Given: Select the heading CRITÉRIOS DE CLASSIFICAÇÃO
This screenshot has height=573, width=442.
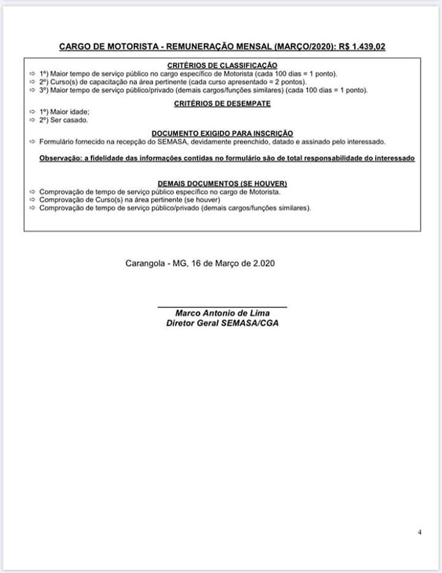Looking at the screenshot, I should pyautogui.click(x=222, y=66).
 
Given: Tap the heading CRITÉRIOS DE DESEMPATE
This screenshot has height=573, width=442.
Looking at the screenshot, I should pyautogui.click(x=222, y=104).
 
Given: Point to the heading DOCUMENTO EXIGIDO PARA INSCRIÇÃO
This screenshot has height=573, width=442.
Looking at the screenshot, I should pyautogui.click(x=222, y=133).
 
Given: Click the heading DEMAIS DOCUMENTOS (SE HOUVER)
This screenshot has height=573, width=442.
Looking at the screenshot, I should pyautogui.click(x=222, y=183).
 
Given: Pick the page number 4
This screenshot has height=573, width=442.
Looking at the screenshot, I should pyautogui.click(x=420, y=532).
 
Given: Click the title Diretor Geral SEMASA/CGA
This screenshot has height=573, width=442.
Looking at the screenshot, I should pyautogui.click(x=222, y=323).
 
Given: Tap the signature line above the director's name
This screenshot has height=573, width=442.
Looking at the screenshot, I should pyautogui.click(x=222, y=306).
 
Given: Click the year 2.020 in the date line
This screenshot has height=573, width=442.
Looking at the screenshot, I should pyautogui.click(x=262, y=264).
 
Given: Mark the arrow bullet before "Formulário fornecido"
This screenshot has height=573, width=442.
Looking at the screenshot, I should pyautogui.click(x=33, y=142).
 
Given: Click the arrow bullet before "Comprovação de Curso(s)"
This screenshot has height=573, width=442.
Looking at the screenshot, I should pyautogui.click(x=33, y=200).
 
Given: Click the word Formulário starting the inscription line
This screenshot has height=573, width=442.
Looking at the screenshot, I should pyautogui.click(x=58, y=142).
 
